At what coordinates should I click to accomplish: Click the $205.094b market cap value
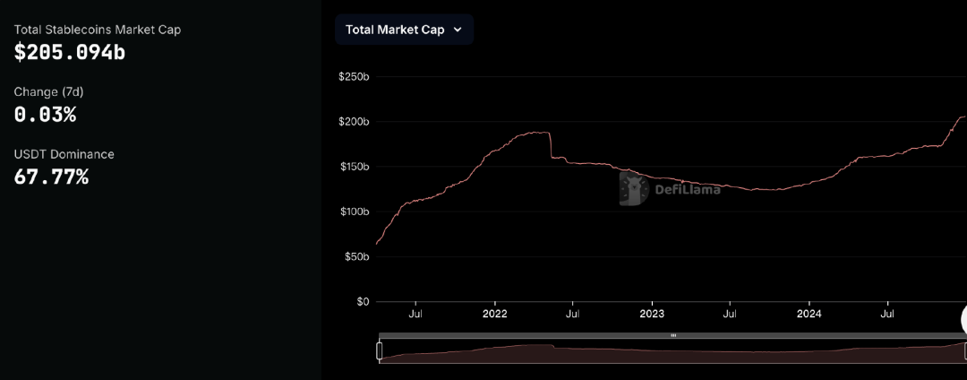[x=70, y=53]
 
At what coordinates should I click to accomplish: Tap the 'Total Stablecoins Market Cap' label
[x=98, y=30]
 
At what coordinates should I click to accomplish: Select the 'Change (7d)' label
[x=48, y=91]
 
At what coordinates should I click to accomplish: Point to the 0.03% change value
[x=45, y=115]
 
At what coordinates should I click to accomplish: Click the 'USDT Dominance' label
[x=64, y=154]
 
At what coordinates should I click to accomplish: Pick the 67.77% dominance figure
[x=51, y=177]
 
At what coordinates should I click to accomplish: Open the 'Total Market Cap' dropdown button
[x=404, y=30]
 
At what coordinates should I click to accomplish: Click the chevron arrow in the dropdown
[x=458, y=30]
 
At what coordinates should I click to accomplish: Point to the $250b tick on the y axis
[x=354, y=76]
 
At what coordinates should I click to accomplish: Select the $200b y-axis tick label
[x=354, y=121]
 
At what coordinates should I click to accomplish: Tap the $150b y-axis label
[x=354, y=167]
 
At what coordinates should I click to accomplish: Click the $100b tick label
[x=354, y=212]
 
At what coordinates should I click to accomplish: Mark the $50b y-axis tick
[x=355, y=256]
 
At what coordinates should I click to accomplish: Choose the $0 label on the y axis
[x=361, y=302]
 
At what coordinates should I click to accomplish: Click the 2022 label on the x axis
[x=494, y=315]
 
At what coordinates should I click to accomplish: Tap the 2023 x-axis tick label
[x=652, y=315]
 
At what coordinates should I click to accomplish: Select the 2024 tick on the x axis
[x=809, y=315]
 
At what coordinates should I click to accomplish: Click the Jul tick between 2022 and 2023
[x=573, y=315]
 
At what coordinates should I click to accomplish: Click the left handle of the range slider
[x=380, y=350]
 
